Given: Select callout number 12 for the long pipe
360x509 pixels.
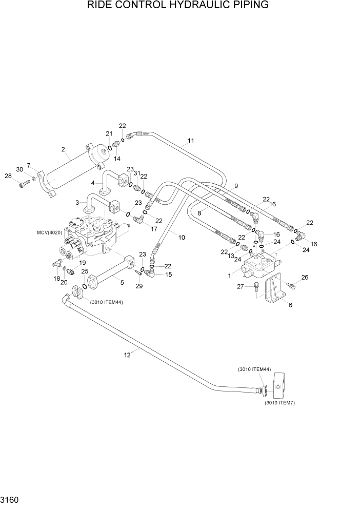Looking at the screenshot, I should coord(128,354).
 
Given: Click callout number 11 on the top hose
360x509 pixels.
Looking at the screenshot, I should coord(191,141).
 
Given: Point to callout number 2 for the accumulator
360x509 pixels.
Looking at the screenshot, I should coord(63,149).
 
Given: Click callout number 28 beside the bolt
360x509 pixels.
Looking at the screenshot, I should coord(8,176).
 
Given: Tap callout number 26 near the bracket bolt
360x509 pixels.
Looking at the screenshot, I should coord(305,278).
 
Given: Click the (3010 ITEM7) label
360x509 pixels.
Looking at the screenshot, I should coord(279,403).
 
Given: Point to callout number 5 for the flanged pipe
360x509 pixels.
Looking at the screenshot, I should coord(122,281).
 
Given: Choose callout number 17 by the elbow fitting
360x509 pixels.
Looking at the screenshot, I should coord(154,229).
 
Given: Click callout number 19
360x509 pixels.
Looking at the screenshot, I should coord(82,262).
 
